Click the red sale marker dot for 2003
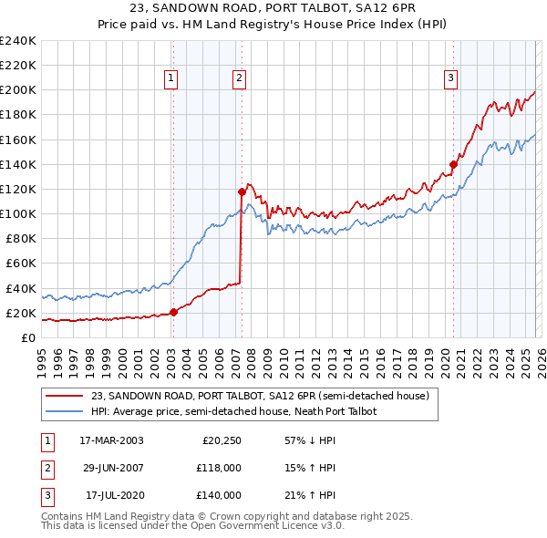pyautogui.click(x=173, y=313)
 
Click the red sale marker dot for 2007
pyautogui.click(x=242, y=191)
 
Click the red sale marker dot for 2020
pyautogui.click(x=453, y=164)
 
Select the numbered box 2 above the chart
pyautogui.click(x=239, y=79)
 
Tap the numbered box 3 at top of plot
pyautogui.click(x=450, y=79)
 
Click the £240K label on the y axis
pyautogui.click(x=18, y=41)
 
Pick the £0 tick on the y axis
pyautogui.click(x=27, y=337)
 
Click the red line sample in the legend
pyautogui.click(x=66, y=396)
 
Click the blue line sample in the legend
pyautogui.click(x=66, y=411)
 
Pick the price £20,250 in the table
pyautogui.click(x=222, y=440)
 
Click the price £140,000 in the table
pyautogui.click(x=219, y=495)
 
